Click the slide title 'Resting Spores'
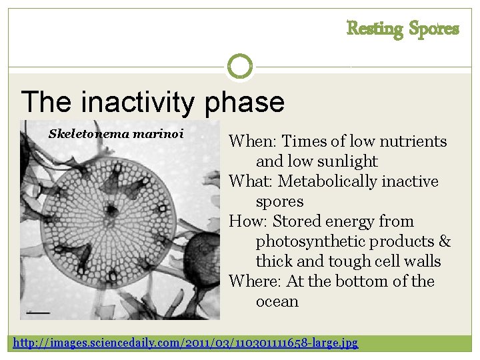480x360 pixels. point(403,29)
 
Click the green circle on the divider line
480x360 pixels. point(240,66)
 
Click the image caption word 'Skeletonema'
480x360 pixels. point(89,134)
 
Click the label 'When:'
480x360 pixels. point(253,141)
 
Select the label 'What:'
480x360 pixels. point(251,181)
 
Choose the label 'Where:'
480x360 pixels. point(255,281)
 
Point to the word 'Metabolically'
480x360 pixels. point(326,181)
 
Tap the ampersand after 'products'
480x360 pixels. point(445,241)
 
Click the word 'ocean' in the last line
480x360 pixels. point(277,301)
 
